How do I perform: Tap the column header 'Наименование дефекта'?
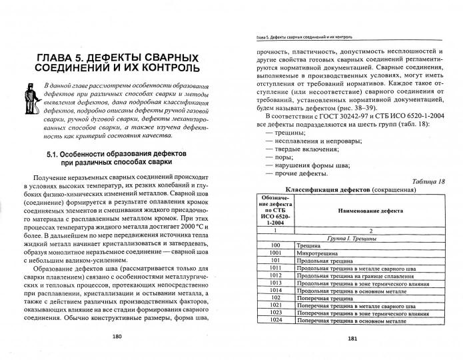click(x=344, y=211)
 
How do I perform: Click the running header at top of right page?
click(x=300, y=36)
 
